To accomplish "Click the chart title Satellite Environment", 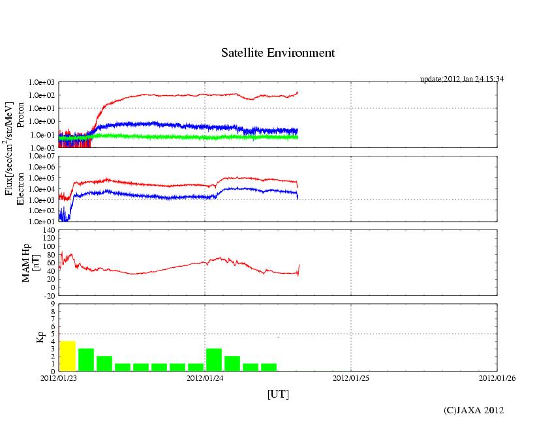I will [x=278, y=53].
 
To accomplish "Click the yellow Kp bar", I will [x=67, y=355].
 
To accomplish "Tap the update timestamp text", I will [x=461, y=79].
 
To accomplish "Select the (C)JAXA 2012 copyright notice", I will [x=474, y=410].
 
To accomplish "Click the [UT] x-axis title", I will [x=278, y=394].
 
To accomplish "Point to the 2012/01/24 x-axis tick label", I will [x=205, y=377].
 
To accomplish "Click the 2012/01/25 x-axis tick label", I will [x=351, y=377].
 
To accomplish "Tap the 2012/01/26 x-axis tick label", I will [x=497, y=377].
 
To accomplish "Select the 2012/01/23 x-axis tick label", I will [x=59, y=377].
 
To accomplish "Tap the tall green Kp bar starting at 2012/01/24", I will [x=214, y=359].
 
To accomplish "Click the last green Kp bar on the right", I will [x=269, y=367].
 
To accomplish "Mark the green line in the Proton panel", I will [x=196, y=138].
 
